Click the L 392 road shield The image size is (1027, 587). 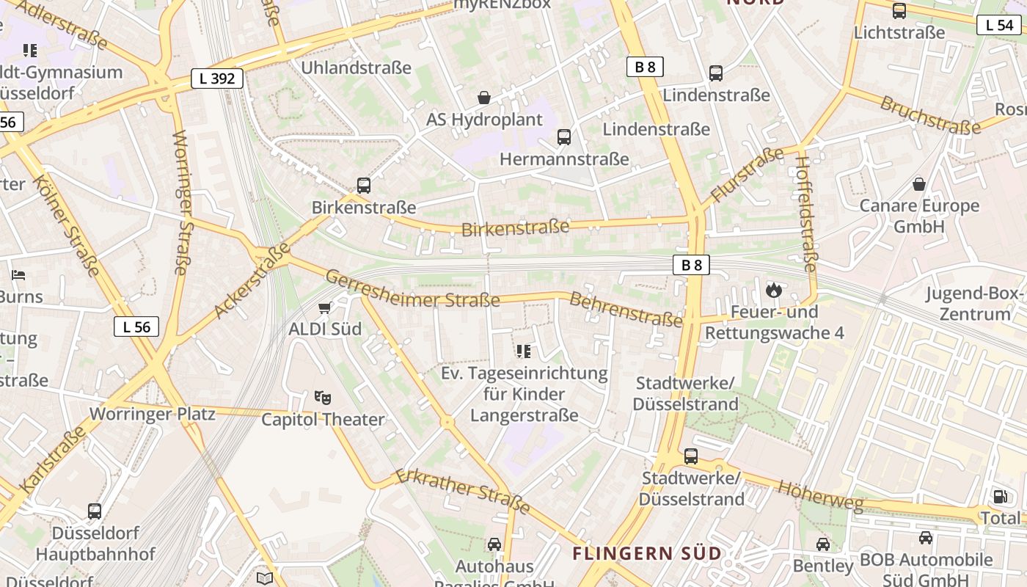coord(217,79)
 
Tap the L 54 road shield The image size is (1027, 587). coord(999,25)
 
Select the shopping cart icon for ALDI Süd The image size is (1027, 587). coord(324,308)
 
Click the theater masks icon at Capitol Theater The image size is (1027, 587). coord(323,398)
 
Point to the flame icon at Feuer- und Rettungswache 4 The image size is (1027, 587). coord(773,291)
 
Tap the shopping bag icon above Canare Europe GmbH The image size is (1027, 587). coord(918,184)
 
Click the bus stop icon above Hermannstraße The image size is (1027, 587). coord(563,137)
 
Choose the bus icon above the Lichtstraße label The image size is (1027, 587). coord(899,11)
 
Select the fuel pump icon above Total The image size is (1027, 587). coord(1000,497)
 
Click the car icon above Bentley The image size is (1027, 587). coord(823,544)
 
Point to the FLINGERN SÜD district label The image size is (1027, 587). coord(647,553)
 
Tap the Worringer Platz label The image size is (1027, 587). coord(153,414)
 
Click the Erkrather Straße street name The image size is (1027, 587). coord(463,491)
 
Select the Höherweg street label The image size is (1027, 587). coord(820,496)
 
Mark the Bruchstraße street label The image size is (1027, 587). coord(930,116)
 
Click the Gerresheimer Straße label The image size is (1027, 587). coord(412,289)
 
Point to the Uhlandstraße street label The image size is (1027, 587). coord(357,68)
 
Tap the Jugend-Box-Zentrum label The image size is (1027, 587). coord(974,304)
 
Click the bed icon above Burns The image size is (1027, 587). coord(18,275)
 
